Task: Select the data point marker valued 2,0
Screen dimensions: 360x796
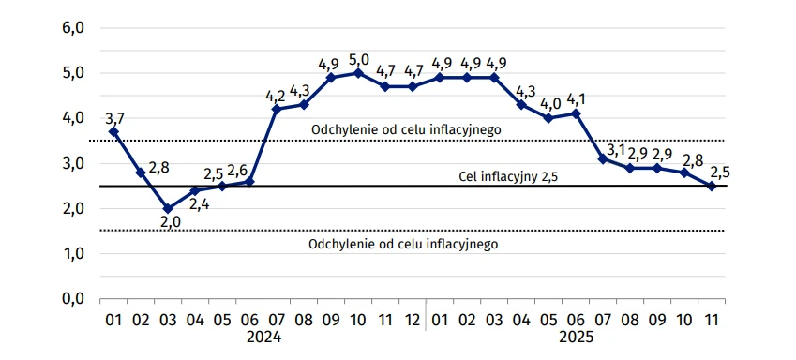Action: pos(168,208)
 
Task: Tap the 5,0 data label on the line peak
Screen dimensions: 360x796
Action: pos(358,60)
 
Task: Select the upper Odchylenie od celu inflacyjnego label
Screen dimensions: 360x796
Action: pos(406,129)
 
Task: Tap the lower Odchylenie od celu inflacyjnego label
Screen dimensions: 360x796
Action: pos(403,244)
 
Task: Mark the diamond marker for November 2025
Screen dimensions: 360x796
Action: pos(712,186)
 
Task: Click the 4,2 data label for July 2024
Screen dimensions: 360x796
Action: pos(275,95)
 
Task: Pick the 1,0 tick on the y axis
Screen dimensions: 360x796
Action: pos(73,253)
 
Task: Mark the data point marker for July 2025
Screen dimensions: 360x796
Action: pos(603,158)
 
